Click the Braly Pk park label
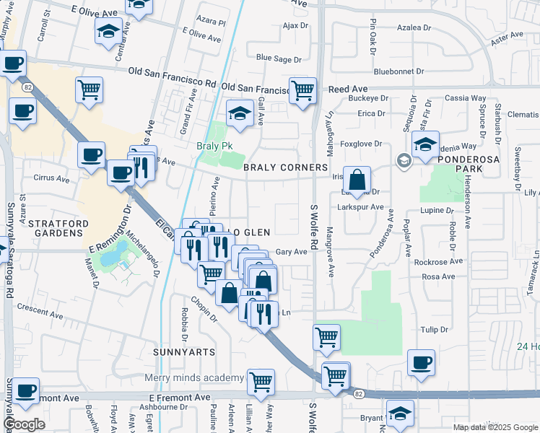pyautogui.click(x=215, y=145)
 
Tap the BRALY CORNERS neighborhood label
pyautogui.click(x=285, y=167)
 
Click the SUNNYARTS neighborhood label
pyautogui.click(x=185, y=351)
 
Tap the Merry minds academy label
pyautogui.click(x=194, y=378)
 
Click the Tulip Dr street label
pyautogui.click(x=435, y=329)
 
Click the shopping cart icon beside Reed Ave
pyautogui.click(x=302, y=90)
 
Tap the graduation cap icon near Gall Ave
pyautogui.click(x=240, y=112)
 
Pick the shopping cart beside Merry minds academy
pyautogui.click(x=261, y=381)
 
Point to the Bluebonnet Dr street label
pyautogui.click(x=401, y=71)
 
